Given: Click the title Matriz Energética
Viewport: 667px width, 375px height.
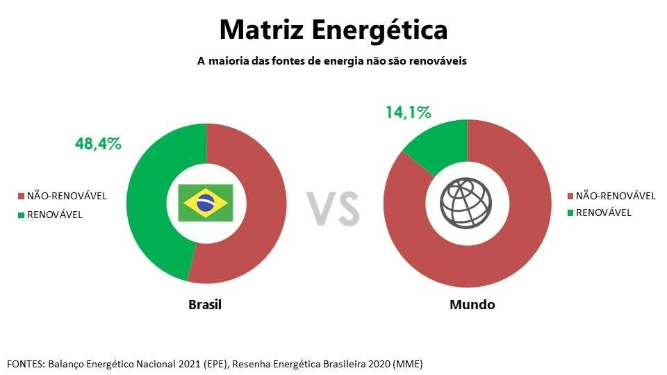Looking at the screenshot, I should (x=333, y=30).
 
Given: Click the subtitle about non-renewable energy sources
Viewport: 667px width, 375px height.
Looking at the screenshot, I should (x=332, y=61).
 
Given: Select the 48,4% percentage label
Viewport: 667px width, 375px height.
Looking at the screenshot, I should (x=98, y=144).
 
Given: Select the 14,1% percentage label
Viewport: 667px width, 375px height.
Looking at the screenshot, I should (x=408, y=112).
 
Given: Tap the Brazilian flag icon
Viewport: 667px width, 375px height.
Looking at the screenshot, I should (x=205, y=203).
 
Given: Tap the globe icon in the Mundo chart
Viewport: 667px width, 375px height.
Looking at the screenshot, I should (x=467, y=203).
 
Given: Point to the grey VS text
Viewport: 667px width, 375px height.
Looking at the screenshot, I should (x=333, y=208).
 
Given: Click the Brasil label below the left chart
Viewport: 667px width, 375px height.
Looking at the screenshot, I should (x=205, y=305).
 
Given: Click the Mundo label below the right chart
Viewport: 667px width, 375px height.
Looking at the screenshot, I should (x=472, y=305).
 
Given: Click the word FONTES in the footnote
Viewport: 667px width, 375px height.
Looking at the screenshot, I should (x=25, y=364).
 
